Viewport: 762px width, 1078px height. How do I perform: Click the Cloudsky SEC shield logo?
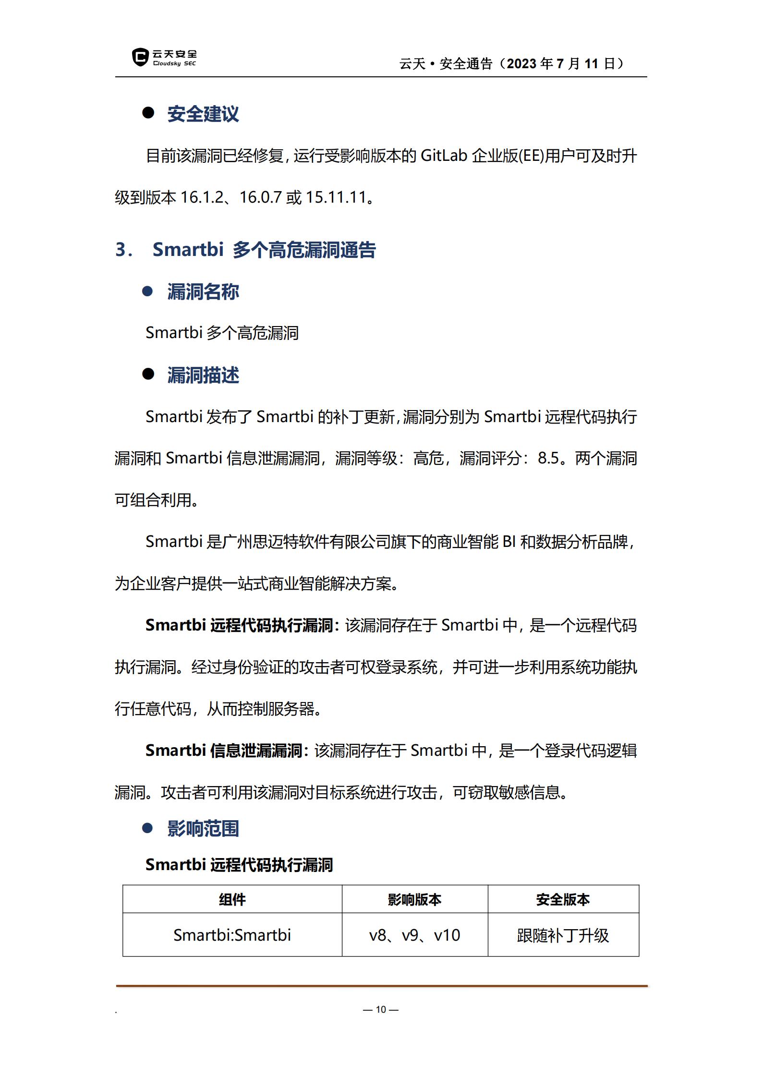coord(140,57)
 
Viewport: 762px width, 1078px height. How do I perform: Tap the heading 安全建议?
coord(203,114)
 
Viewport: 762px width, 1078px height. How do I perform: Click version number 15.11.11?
coord(336,197)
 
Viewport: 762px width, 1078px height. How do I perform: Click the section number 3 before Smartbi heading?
coord(121,250)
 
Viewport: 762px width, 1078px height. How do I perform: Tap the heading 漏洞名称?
coord(203,292)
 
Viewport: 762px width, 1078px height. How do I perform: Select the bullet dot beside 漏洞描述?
coord(148,375)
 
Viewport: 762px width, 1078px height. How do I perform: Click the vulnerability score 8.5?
coord(548,458)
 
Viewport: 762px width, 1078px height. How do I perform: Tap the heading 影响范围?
coord(203,828)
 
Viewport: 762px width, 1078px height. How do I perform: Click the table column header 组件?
coord(232,899)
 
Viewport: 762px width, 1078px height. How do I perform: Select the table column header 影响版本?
coord(414,899)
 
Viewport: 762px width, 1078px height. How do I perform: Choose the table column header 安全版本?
coord(563,899)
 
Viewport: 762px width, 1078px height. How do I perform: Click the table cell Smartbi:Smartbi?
coord(232,935)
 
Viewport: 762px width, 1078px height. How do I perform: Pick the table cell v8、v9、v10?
coord(414,935)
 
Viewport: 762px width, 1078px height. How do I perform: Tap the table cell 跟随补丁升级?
coord(563,935)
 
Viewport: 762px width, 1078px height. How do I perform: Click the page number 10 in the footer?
coord(381,1009)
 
